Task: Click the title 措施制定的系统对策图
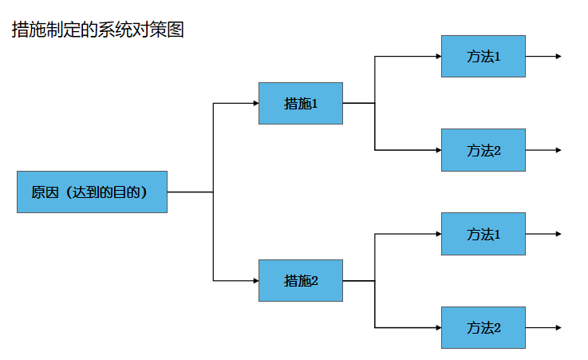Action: coord(98,30)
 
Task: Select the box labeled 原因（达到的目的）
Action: coord(93,192)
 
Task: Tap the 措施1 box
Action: coord(301,104)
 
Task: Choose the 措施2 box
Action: coord(301,280)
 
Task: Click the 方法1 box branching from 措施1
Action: coord(483,56)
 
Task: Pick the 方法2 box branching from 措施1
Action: coord(483,150)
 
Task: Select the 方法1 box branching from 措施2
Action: coord(483,234)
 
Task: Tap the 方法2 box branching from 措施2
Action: coord(483,328)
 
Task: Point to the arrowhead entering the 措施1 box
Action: coord(256,103)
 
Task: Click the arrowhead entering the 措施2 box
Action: coord(256,280)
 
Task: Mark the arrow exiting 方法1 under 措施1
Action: coord(543,56)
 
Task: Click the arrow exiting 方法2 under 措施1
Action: coord(543,150)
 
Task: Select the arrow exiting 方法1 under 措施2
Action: coord(543,234)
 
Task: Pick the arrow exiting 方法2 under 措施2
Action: coord(543,328)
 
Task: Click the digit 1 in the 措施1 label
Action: coord(314,104)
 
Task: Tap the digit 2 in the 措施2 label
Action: coord(314,280)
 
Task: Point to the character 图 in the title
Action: coord(176,30)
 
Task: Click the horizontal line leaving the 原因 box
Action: coord(190,192)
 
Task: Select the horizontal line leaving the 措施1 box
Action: coord(359,103)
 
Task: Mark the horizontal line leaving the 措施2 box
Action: coord(359,280)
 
